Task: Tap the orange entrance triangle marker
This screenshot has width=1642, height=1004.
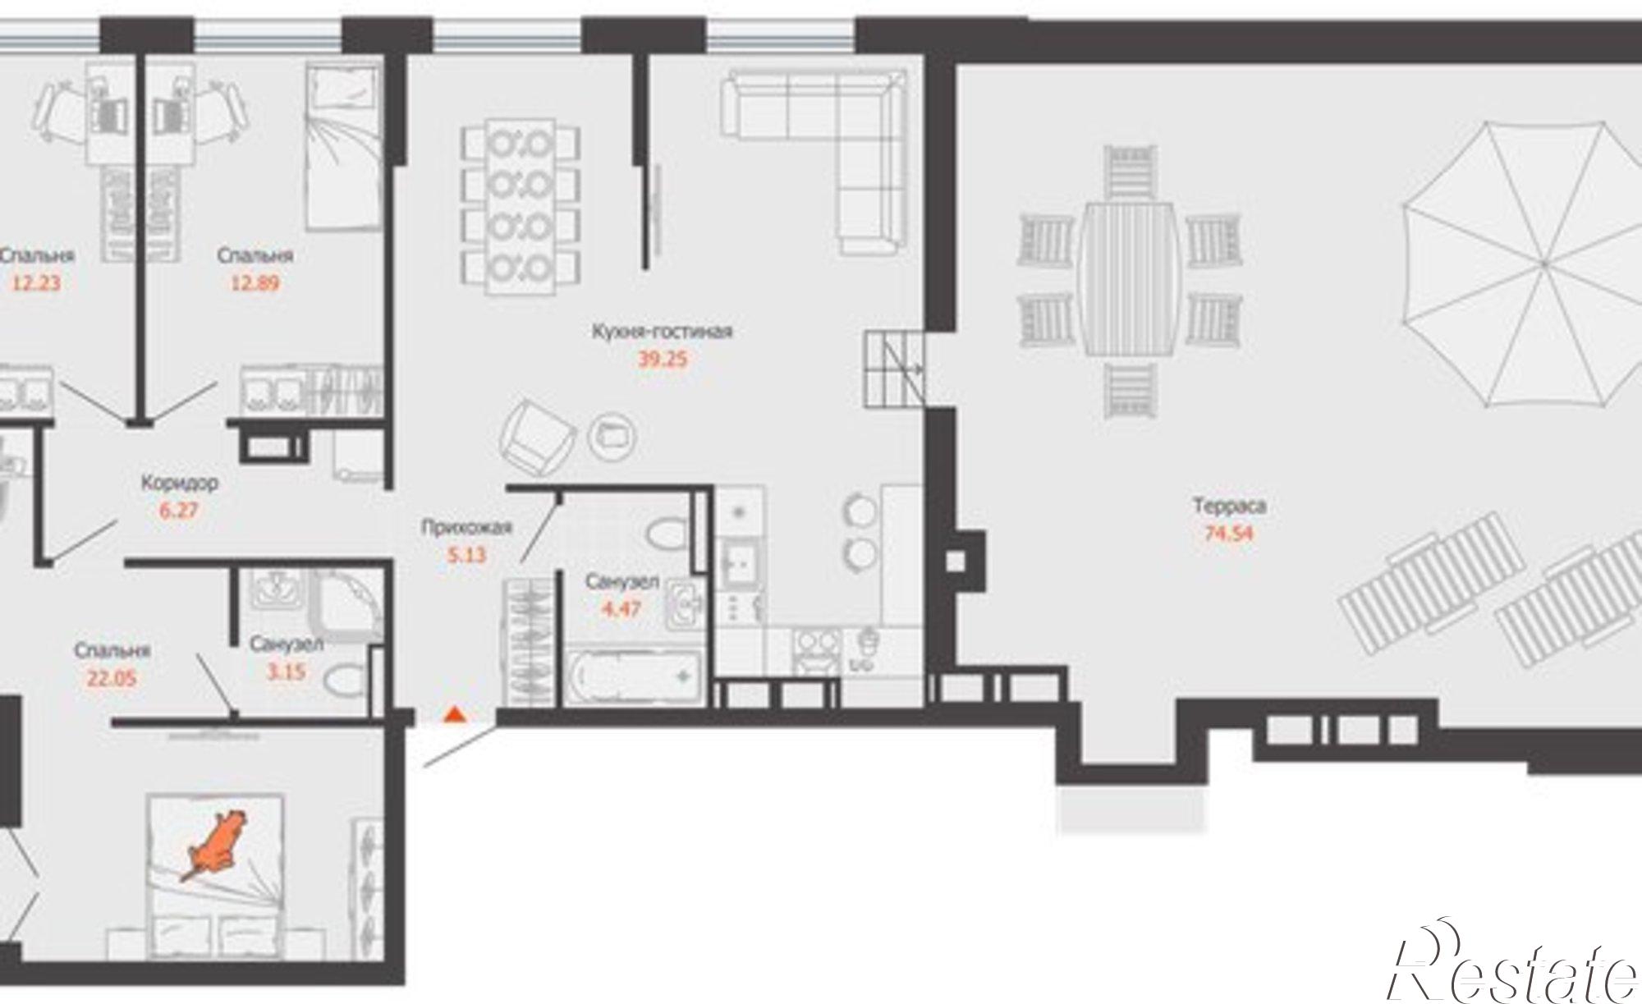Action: [452, 715]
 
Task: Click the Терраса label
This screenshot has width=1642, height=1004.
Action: [1229, 506]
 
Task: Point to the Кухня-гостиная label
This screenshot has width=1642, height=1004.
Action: [662, 332]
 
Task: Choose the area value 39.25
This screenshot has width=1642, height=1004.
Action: [662, 360]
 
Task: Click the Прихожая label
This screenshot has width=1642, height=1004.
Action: [466, 527]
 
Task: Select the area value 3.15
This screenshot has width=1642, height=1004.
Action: [286, 672]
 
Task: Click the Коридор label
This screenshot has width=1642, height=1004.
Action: [179, 483]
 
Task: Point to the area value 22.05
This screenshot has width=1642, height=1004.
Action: [112, 678]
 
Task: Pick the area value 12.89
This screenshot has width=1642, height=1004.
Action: [255, 283]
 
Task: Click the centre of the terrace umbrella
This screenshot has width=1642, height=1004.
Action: [1543, 264]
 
